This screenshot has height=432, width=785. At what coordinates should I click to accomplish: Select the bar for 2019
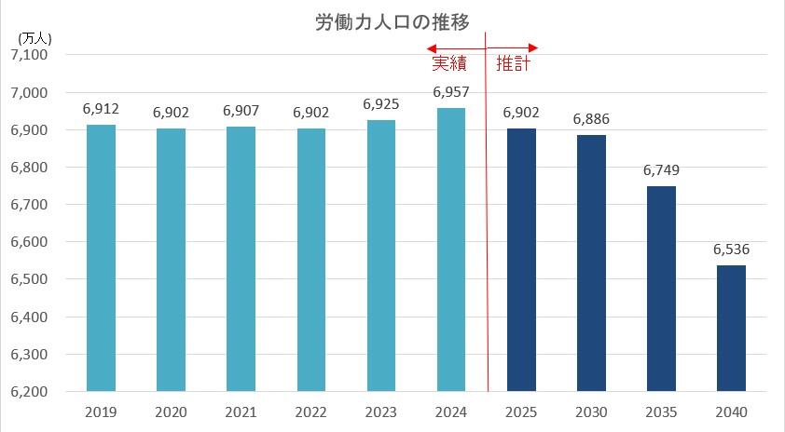tap(101, 258)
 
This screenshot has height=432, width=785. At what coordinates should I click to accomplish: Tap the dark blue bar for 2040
tap(731, 328)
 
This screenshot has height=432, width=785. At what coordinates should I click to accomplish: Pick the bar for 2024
tap(450, 250)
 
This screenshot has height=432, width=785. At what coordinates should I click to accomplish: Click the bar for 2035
tap(661, 289)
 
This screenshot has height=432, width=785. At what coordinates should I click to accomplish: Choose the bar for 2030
tap(591, 263)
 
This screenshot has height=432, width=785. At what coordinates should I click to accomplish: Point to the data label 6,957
tap(450, 93)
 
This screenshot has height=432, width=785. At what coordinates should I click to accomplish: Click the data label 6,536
tap(731, 250)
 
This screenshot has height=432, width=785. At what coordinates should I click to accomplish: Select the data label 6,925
tap(380, 104)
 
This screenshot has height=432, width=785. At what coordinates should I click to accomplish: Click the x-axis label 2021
tap(241, 411)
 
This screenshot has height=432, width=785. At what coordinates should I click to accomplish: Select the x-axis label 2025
tap(520, 411)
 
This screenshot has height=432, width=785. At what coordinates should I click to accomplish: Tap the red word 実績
tap(449, 65)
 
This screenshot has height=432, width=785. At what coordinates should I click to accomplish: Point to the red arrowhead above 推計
tap(533, 48)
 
